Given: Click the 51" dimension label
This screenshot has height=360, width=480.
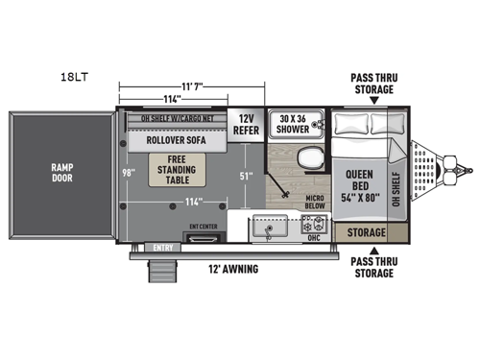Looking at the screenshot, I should coord(247,176).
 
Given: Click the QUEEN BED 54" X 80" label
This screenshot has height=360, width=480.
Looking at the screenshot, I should coord(358,181).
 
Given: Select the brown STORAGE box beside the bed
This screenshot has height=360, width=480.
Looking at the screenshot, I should coord(365,233).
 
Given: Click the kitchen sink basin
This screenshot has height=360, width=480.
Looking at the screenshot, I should coord(267,228).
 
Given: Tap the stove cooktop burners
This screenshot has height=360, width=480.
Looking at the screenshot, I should coord(313,228).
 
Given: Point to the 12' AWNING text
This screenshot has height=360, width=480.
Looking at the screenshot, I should coord(232,270).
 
